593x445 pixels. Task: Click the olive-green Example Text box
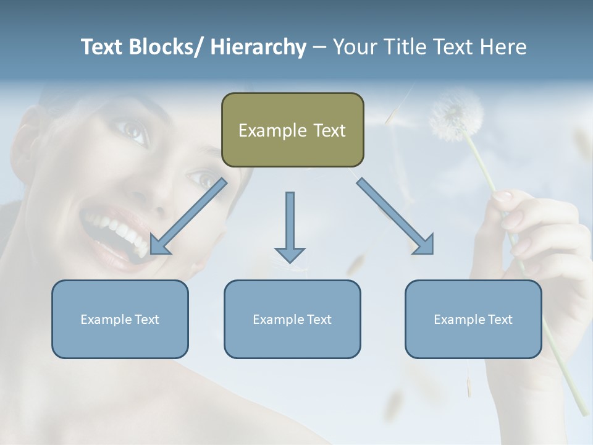click(x=292, y=130)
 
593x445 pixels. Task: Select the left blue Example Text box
click(x=120, y=319)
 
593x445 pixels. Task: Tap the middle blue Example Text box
click(x=292, y=319)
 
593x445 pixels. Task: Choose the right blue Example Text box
click(x=473, y=319)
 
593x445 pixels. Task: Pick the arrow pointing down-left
click(x=188, y=216)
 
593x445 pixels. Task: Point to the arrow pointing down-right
click(x=395, y=216)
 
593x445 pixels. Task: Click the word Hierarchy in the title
click(x=258, y=47)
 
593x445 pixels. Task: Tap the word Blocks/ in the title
click(x=166, y=47)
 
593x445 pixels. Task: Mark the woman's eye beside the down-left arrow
click(x=204, y=179)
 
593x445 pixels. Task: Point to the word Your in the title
click(x=352, y=47)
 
